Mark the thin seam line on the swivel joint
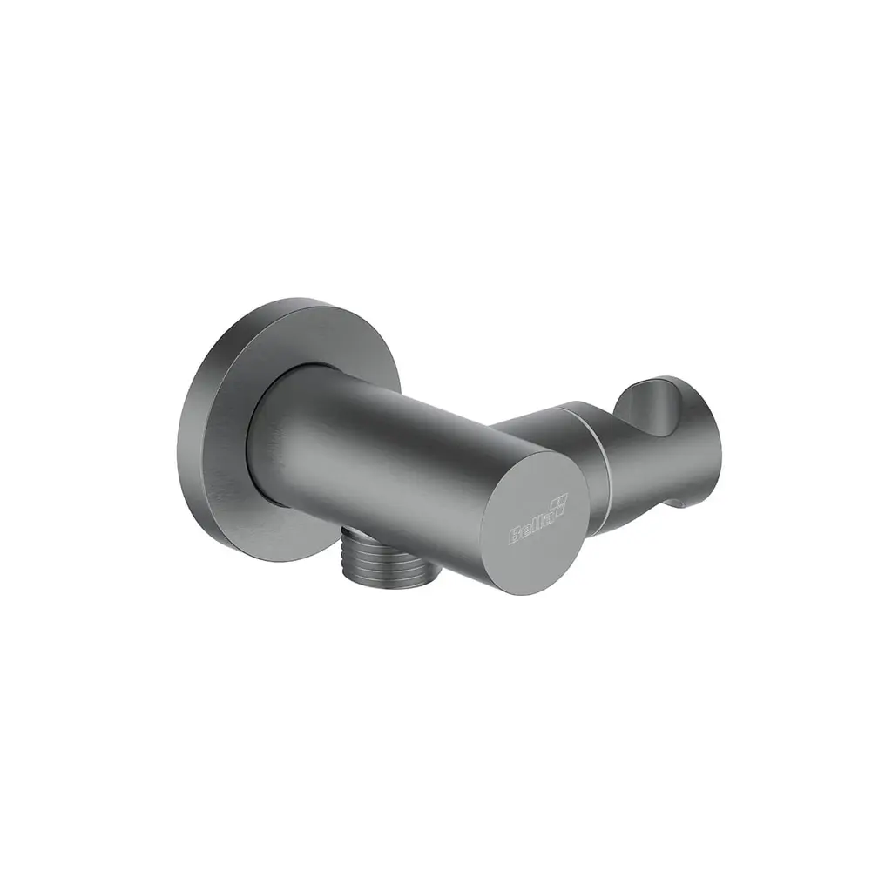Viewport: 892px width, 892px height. point(601,453)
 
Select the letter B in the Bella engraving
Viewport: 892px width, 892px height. point(513,537)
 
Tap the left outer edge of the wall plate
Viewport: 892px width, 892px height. point(179,436)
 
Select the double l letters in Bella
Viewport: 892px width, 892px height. point(533,526)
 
